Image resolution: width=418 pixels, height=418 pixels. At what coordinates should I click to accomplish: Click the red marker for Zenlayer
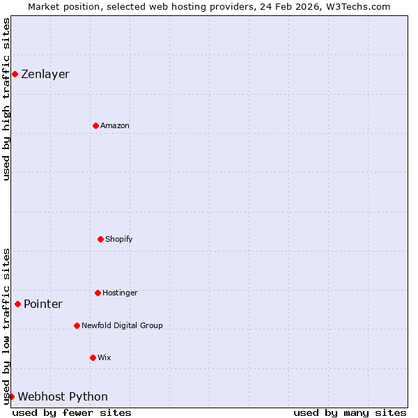pos(15,74)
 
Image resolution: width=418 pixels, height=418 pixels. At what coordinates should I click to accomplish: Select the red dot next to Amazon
pos(95,125)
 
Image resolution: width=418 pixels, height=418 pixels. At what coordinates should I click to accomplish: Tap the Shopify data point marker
pos(100,239)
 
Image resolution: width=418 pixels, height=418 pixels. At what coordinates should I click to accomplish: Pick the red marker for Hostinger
pos(98,293)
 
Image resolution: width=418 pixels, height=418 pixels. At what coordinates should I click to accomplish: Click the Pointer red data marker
pos(17,304)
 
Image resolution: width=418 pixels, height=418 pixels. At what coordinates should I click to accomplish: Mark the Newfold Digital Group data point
pos(77,325)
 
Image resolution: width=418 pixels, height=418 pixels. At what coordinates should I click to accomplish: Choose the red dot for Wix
pos(93,357)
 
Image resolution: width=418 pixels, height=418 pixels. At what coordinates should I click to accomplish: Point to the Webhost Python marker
pos(11,396)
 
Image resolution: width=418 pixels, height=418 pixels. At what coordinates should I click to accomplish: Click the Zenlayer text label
pos(45,74)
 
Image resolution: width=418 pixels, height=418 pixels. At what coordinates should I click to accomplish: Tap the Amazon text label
pos(115,125)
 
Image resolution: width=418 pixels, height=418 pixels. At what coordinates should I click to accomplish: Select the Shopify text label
pos(119,239)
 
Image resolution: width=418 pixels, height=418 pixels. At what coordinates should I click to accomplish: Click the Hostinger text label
pos(120,293)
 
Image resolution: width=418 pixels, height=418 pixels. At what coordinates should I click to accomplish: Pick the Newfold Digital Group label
pos(122,325)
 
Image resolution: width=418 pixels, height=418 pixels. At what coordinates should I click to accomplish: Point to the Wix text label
pos(104,357)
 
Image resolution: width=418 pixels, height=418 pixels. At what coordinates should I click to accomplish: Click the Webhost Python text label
pos(63,396)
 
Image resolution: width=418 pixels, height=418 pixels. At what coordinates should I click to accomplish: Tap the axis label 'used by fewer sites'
pos(72,412)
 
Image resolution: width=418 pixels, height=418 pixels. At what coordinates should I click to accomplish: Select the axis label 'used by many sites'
pos(350,412)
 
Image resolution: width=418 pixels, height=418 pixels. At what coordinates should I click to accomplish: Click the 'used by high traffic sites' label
pos(6,99)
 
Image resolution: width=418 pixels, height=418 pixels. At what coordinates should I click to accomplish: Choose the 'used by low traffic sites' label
pos(6,326)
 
